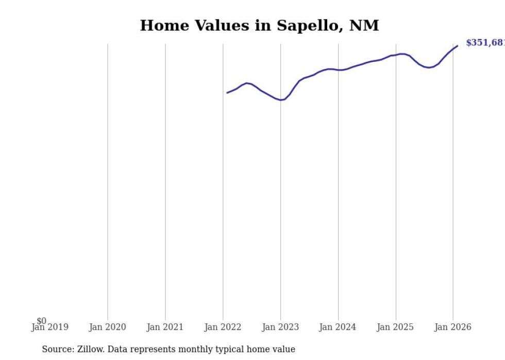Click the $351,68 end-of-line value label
[x=484, y=43]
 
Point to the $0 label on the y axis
[x=41, y=321]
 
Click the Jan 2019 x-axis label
[x=49, y=327]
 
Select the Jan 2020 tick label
[x=107, y=327]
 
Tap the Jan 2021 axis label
[x=165, y=327]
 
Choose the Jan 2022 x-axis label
[x=223, y=327]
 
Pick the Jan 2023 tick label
[x=280, y=327]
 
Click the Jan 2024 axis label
[x=338, y=327]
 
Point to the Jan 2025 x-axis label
[x=395, y=327]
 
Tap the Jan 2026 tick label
[x=453, y=327]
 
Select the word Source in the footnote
[x=57, y=349]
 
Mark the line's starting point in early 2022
[x=227, y=93]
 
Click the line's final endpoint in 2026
[x=457, y=46]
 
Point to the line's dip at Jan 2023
[x=281, y=100]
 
